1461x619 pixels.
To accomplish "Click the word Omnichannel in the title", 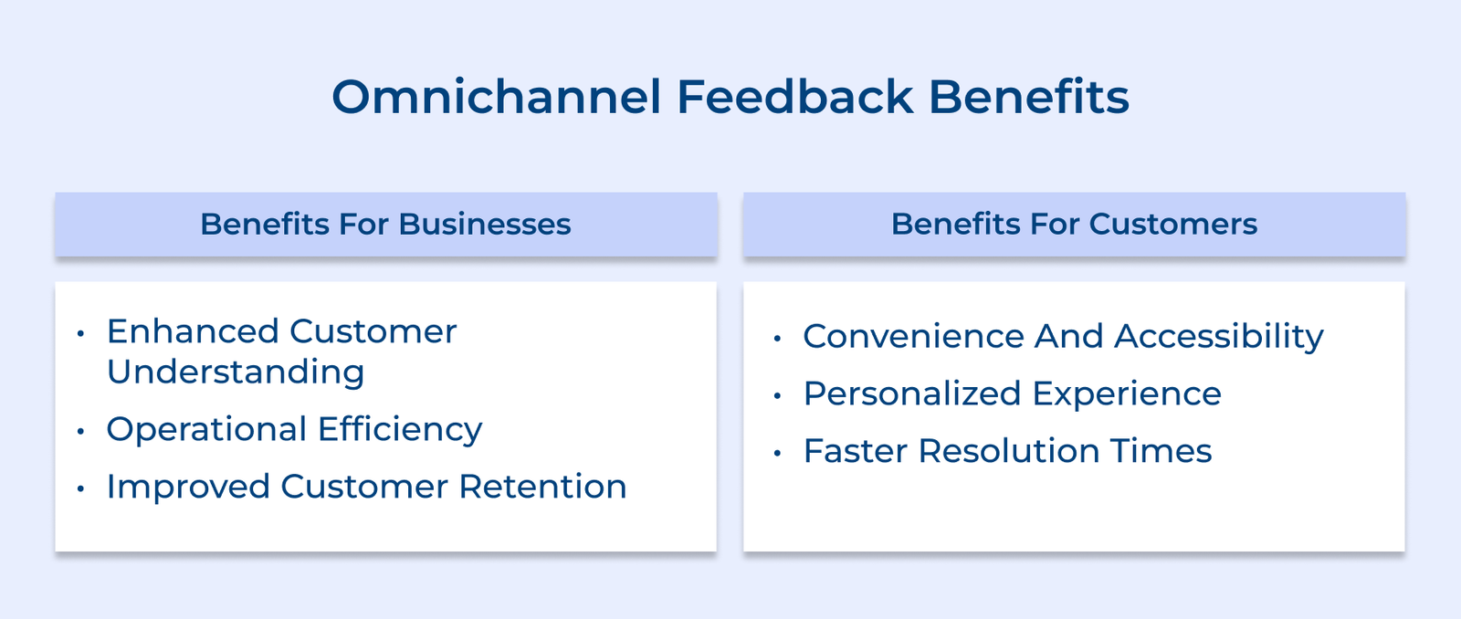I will pos(496,97).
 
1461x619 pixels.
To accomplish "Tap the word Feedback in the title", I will pos(794,97).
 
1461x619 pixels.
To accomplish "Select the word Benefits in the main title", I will pos(1028,97).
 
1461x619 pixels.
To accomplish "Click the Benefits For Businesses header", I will pos(385,224).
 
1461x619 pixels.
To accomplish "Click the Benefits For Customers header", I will pos(1074,224).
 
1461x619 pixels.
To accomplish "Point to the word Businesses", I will pos(484,224).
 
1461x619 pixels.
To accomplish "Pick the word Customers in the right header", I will pos(1172,224).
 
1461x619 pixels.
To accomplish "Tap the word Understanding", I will pos(236,372).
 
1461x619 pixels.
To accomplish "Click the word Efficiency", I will pos(400,429).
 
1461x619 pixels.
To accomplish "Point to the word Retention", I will pos(542,487).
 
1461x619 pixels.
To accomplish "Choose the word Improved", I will pos(188,487).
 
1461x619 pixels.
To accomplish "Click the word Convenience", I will pos(913,337).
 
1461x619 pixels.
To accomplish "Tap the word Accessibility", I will pos(1218,337).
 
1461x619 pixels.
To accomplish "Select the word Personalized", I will pos(912,394).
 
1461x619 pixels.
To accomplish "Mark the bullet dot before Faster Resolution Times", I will pos(777,454).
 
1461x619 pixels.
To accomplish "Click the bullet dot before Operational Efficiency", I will pos(80,431).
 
